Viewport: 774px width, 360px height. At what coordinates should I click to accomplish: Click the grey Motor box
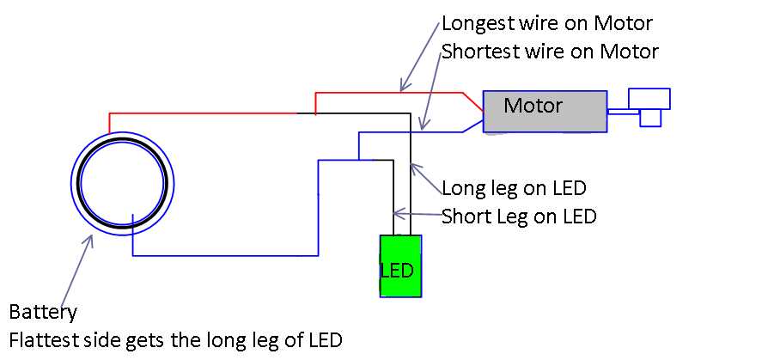coord(545,112)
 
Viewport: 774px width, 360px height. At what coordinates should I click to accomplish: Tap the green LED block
coord(400,266)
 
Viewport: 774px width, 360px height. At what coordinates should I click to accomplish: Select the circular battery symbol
coord(121,183)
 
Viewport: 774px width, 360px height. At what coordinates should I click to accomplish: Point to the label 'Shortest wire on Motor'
coord(550,52)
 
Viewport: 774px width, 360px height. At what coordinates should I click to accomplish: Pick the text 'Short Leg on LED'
coord(519,216)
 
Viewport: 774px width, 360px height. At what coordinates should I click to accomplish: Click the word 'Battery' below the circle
coord(43,311)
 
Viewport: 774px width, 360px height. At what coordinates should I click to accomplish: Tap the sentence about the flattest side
coord(175,339)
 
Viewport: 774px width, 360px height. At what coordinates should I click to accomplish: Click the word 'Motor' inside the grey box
coord(533,106)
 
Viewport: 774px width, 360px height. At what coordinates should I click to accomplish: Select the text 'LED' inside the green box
coord(397,270)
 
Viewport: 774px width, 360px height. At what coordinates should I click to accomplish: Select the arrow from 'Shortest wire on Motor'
coord(430,90)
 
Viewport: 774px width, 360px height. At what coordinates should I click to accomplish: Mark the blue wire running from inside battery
coord(223,255)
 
